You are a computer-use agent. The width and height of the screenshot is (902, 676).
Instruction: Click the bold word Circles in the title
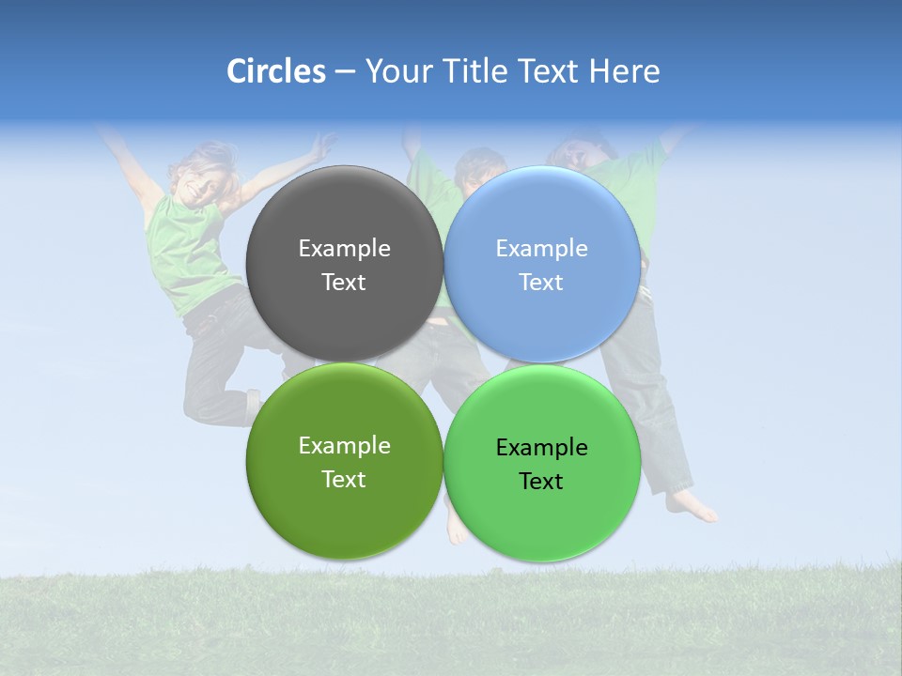pos(275,71)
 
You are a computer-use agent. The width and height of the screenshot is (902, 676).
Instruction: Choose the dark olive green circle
pos(344,512)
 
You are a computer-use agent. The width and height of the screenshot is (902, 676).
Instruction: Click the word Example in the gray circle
pos(344,248)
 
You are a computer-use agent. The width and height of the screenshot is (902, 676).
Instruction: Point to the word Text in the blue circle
pos(541,283)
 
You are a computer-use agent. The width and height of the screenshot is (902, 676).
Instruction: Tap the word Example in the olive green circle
pos(344,445)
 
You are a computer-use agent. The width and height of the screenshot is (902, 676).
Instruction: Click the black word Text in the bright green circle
pos(541,482)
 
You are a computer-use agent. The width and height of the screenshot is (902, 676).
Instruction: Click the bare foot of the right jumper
pos(692,507)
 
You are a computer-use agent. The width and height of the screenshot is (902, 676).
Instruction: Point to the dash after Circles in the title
pos(345,71)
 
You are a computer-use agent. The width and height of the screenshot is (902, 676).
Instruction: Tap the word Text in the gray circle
pos(344,283)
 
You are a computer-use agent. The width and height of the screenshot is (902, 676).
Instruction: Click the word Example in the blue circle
pos(541,248)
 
